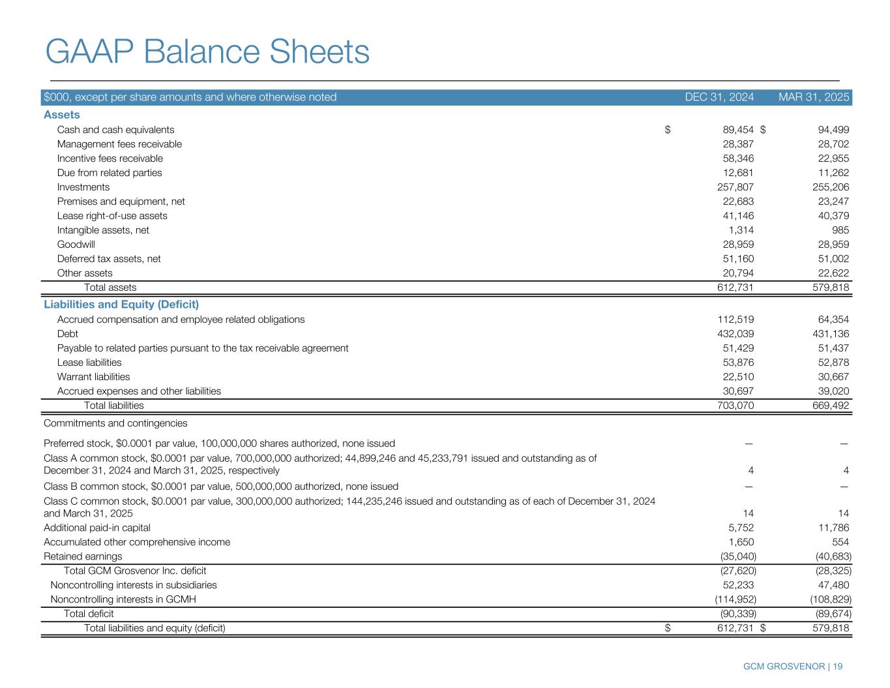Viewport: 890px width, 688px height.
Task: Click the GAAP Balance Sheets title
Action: (x=207, y=52)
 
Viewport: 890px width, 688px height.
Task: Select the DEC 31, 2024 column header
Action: (x=719, y=97)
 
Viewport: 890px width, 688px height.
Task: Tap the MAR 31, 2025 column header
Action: (x=814, y=97)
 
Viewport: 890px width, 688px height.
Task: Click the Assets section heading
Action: (x=62, y=115)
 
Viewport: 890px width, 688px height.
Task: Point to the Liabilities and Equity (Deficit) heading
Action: (x=121, y=305)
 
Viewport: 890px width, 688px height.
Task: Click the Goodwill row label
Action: (x=76, y=245)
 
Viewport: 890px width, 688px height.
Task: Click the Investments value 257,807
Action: (x=735, y=187)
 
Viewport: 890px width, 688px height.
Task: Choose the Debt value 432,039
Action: (x=735, y=334)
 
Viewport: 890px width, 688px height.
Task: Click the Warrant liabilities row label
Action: (x=93, y=377)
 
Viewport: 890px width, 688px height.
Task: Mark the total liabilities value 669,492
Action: (x=829, y=406)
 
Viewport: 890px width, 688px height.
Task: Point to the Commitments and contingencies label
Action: (x=115, y=423)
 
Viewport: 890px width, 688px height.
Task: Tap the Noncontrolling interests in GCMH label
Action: (x=123, y=599)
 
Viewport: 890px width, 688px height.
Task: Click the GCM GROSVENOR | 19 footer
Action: (x=793, y=666)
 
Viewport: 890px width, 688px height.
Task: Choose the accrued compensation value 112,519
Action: (x=735, y=320)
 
